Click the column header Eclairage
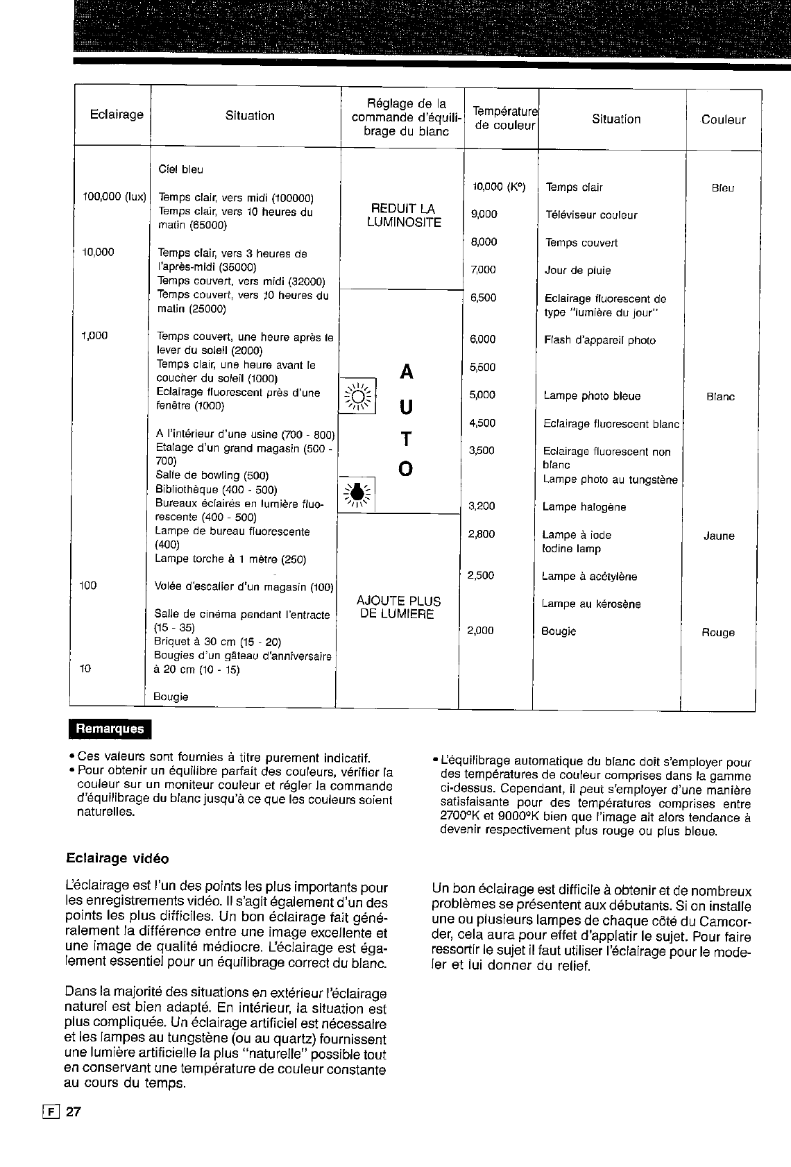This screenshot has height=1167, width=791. pos(117,114)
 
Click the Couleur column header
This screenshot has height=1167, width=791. pos(723,119)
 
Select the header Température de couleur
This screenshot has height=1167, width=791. pos(504,118)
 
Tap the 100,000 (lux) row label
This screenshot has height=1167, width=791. pos(114,197)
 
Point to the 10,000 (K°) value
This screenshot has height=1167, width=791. pos(499,187)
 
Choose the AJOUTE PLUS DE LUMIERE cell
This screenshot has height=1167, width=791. pos(398,607)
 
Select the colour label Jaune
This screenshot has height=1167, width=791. pos(719,536)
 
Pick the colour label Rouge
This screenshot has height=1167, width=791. pos(718,633)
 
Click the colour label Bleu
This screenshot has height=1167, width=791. pos(722,188)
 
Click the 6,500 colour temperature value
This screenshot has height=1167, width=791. pos(483,298)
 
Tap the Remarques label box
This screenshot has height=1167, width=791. pos(110,729)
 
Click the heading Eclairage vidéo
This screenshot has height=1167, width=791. pos(117,858)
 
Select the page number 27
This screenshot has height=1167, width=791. pos(74,1111)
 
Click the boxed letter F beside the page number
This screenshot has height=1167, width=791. pos(50,1111)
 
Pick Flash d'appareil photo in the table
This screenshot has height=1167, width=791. pos(599,340)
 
